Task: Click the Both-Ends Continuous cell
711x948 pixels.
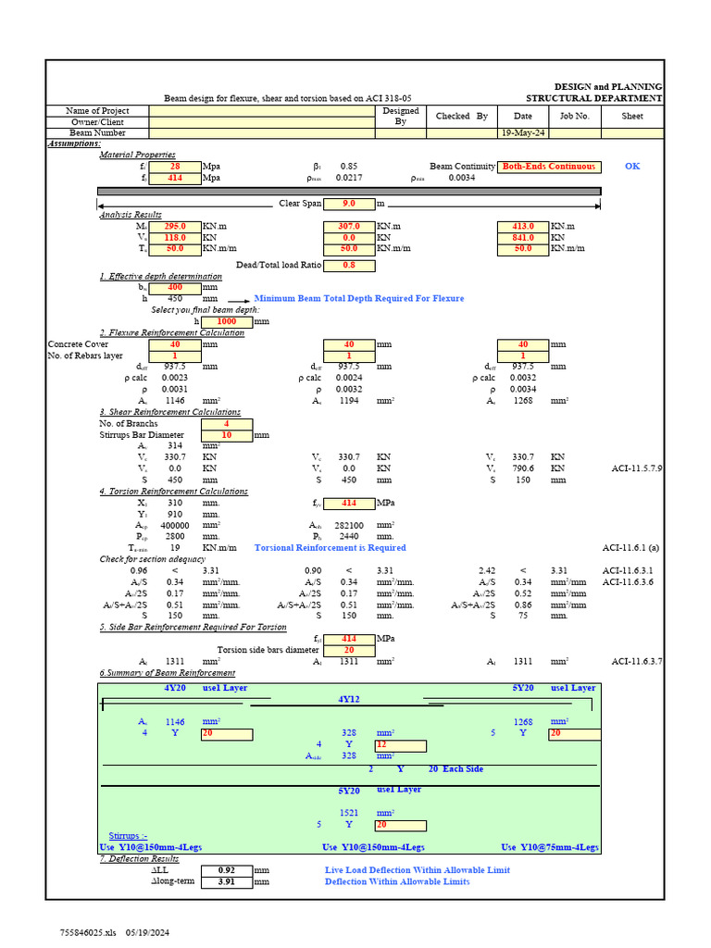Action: pyautogui.click(x=548, y=167)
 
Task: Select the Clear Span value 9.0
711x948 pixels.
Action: pyautogui.click(x=348, y=203)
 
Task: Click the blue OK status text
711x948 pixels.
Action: pyautogui.click(x=632, y=167)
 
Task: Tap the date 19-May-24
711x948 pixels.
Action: pyautogui.click(x=523, y=133)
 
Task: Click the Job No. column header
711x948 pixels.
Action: pyautogui.click(x=574, y=117)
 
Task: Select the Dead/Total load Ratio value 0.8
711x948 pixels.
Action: pyautogui.click(x=348, y=266)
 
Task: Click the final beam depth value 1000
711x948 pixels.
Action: pyautogui.click(x=227, y=321)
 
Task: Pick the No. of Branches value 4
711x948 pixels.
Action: pyautogui.click(x=227, y=424)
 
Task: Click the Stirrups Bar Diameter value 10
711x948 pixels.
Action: pyautogui.click(x=227, y=435)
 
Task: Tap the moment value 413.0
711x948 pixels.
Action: pyautogui.click(x=523, y=226)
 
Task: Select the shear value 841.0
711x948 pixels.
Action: pyautogui.click(x=523, y=237)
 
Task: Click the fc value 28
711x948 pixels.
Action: pyautogui.click(x=175, y=167)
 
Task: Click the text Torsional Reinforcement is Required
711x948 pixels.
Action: pyautogui.click(x=330, y=548)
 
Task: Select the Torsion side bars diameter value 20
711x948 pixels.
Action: pyautogui.click(x=348, y=650)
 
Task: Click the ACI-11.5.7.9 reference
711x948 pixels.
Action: pyautogui.click(x=637, y=468)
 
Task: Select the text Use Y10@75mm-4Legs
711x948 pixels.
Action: pyautogui.click(x=550, y=847)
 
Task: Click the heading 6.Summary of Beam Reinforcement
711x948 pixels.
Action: pyautogui.click(x=168, y=673)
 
